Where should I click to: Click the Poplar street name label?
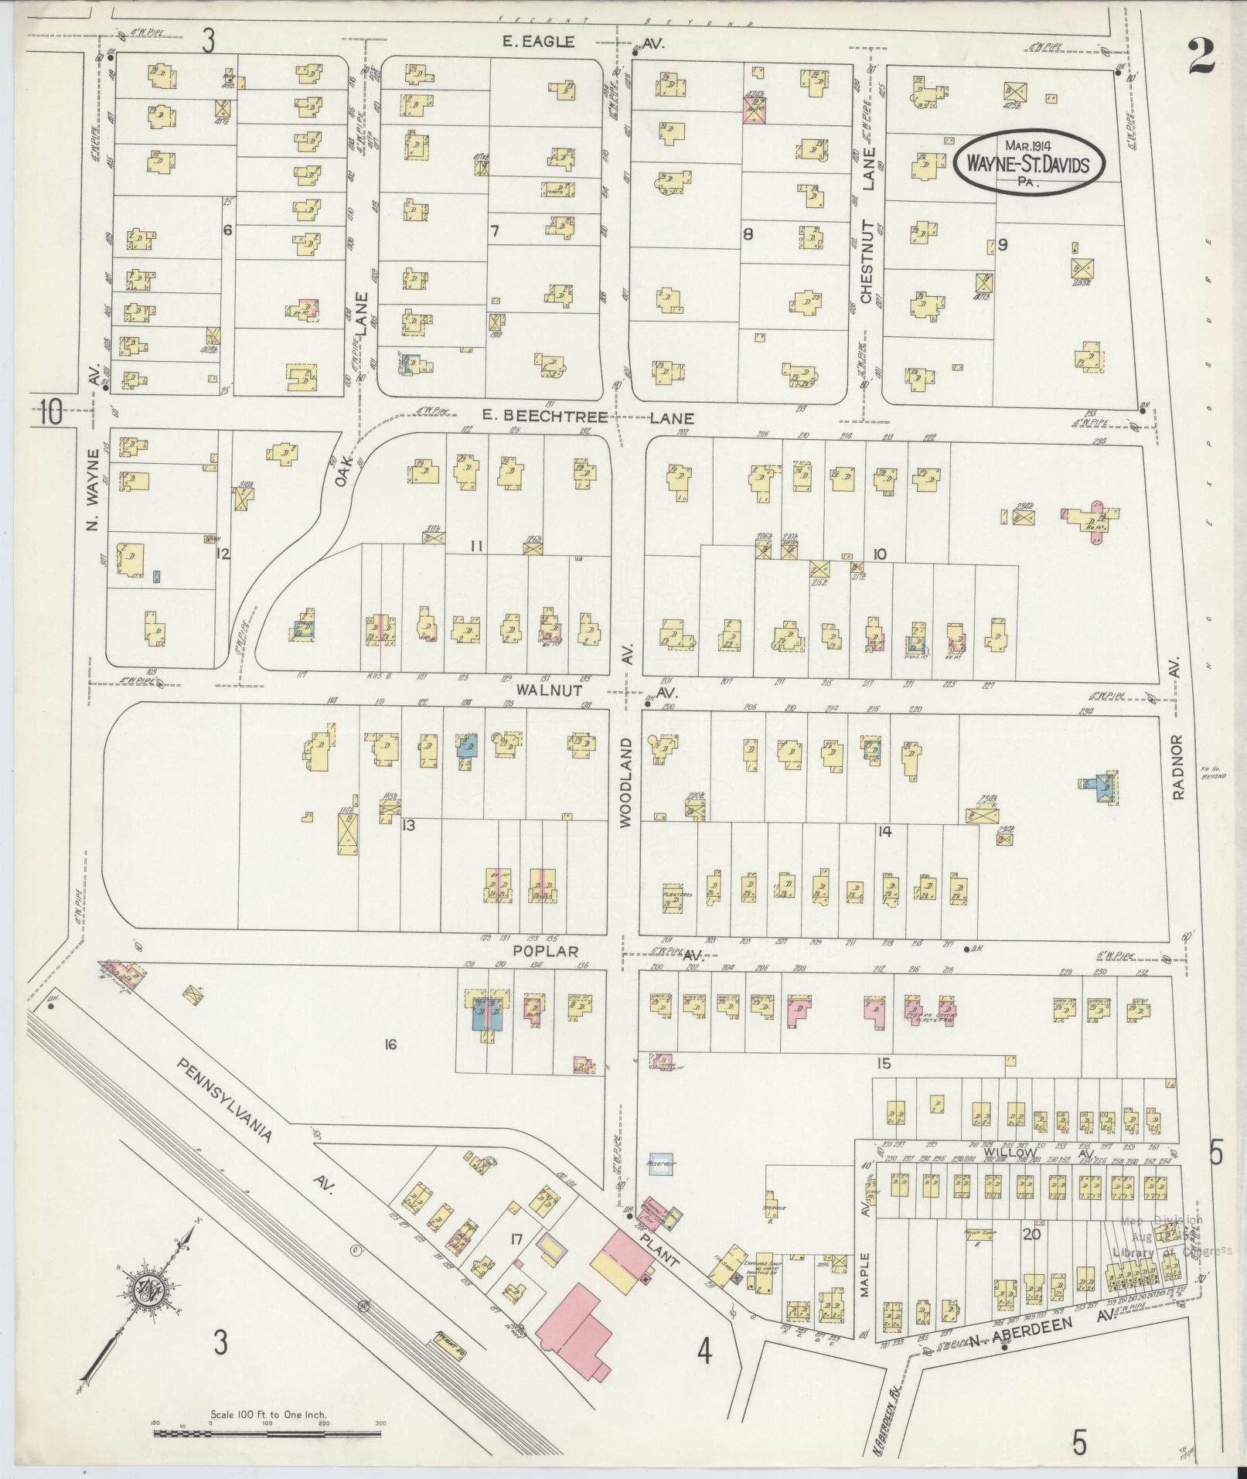(x=550, y=950)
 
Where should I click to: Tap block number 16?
(x=390, y=1045)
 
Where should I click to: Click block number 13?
(x=408, y=825)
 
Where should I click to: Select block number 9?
(x=1003, y=245)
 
